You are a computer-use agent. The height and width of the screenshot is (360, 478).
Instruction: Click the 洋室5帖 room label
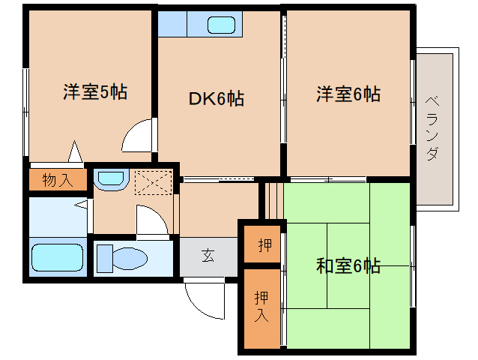[x=94, y=92]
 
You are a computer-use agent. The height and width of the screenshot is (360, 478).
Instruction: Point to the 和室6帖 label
[x=348, y=265]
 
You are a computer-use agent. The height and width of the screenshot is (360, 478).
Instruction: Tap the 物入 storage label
[x=57, y=180]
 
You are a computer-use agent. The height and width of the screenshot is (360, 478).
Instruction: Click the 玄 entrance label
[x=208, y=255]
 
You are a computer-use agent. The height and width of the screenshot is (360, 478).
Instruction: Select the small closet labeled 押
[x=264, y=244]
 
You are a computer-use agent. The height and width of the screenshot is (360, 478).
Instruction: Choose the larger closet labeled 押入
[x=261, y=305]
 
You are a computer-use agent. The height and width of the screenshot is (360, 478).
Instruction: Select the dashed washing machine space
[x=154, y=182]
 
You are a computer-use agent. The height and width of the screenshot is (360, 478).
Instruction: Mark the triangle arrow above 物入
[x=75, y=152]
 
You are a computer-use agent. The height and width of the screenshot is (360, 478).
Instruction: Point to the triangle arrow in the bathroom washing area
[x=82, y=203]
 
